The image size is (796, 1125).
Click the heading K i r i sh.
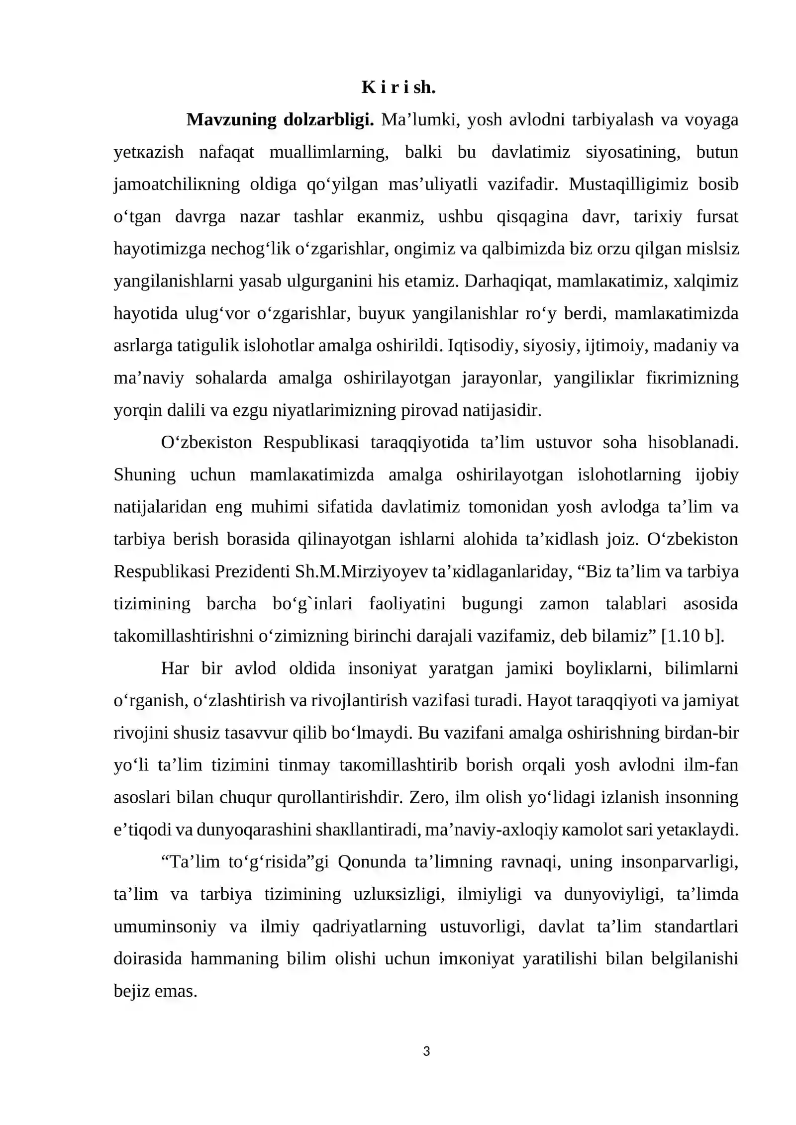point(398,88)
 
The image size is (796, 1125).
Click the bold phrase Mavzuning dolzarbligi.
point(280,120)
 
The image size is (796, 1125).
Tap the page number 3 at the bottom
point(426,1051)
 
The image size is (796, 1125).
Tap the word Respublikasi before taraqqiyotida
point(311,442)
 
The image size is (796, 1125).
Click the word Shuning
point(144,474)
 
